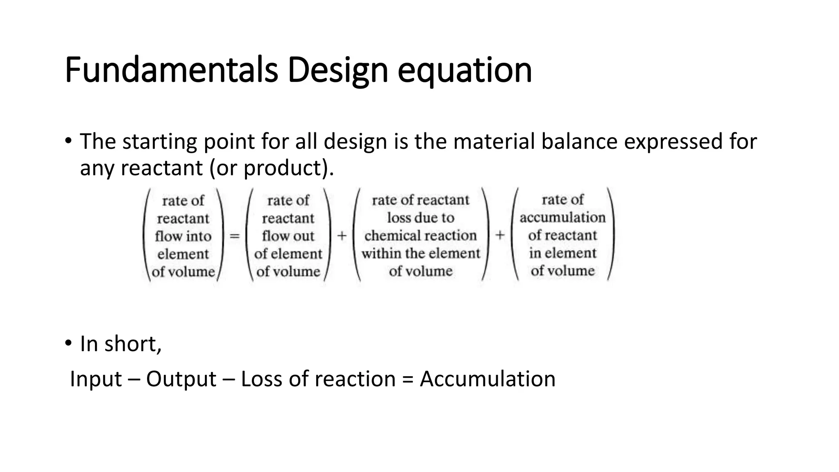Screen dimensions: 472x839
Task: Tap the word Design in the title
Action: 338,70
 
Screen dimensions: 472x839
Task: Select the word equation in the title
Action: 465,70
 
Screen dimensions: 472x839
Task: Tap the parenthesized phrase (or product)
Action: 272,168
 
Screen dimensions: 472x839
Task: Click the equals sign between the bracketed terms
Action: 234,236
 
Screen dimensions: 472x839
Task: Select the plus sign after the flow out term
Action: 342,236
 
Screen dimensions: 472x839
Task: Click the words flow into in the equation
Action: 183,236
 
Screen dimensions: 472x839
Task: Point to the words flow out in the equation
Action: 288,236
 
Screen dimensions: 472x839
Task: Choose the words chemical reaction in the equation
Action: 421,236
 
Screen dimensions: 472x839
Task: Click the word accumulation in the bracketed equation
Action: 562,217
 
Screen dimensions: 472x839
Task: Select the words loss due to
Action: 421,218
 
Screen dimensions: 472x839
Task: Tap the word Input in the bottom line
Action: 96,379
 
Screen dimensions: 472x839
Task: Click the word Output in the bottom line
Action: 181,379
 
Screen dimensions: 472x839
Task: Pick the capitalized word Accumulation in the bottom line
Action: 488,379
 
